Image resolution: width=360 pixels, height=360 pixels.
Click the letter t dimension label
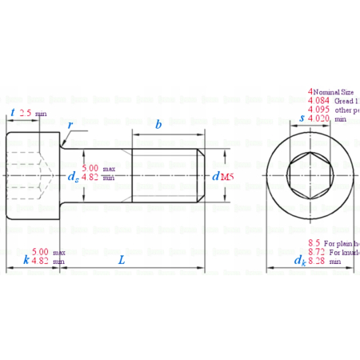click(x=13, y=113)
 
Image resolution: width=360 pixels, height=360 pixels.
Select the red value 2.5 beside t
click(x=26, y=114)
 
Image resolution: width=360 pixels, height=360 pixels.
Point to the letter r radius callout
click(x=71, y=126)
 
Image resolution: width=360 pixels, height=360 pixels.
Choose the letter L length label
click(x=121, y=260)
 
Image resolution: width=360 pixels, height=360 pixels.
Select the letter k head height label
click(x=26, y=261)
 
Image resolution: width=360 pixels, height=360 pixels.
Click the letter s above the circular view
click(x=301, y=118)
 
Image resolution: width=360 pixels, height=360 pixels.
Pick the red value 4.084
click(x=319, y=102)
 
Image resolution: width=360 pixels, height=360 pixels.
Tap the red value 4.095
click(x=319, y=110)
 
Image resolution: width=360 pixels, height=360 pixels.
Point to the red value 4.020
click(x=319, y=119)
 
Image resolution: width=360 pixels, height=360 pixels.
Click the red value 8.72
click(x=317, y=252)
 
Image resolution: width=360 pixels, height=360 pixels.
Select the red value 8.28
click(x=317, y=261)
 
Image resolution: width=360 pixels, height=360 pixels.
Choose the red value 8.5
click(x=315, y=242)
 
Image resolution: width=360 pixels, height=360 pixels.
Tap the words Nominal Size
click(x=336, y=93)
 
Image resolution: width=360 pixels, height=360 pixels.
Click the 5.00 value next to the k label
click(x=42, y=252)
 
